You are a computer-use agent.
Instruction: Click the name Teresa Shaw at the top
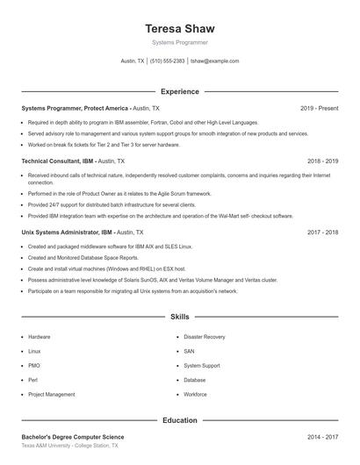pos(179,29)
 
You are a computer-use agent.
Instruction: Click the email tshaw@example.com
pos(214,61)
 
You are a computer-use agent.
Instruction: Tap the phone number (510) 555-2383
pos(167,61)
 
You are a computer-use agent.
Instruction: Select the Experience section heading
pos(179,91)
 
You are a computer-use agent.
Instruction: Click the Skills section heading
pos(179,316)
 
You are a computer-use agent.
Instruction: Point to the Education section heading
pos(179,420)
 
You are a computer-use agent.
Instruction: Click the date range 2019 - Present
pos(318,108)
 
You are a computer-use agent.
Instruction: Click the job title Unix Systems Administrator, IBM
pos(67,232)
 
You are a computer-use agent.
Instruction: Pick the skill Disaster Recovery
pos(205,337)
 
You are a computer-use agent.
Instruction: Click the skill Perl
pos(32,380)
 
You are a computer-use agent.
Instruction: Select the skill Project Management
pos(51,395)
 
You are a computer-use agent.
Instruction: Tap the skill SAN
pos(189,351)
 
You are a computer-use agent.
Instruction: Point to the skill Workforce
pos(195,395)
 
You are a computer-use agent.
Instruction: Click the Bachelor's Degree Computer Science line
pos(72,436)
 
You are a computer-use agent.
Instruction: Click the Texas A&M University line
pos(69,446)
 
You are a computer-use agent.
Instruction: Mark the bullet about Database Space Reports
pos(83,258)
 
